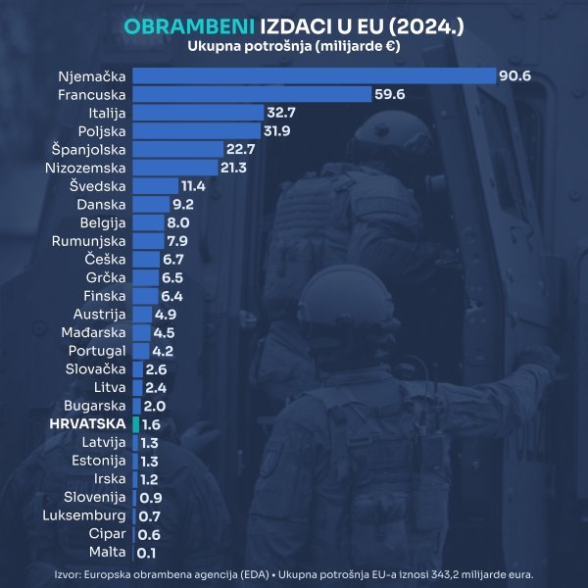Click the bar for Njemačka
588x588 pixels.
click(x=314, y=75)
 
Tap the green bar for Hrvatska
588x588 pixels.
click(x=134, y=424)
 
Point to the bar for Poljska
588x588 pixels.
click(x=196, y=130)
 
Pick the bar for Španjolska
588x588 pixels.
click(x=175, y=149)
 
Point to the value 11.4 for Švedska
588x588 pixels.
click(x=193, y=186)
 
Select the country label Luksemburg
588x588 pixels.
click(x=84, y=515)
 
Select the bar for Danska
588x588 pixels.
click(x=149, y=204)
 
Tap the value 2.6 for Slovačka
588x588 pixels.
click(x=157, y=369)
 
